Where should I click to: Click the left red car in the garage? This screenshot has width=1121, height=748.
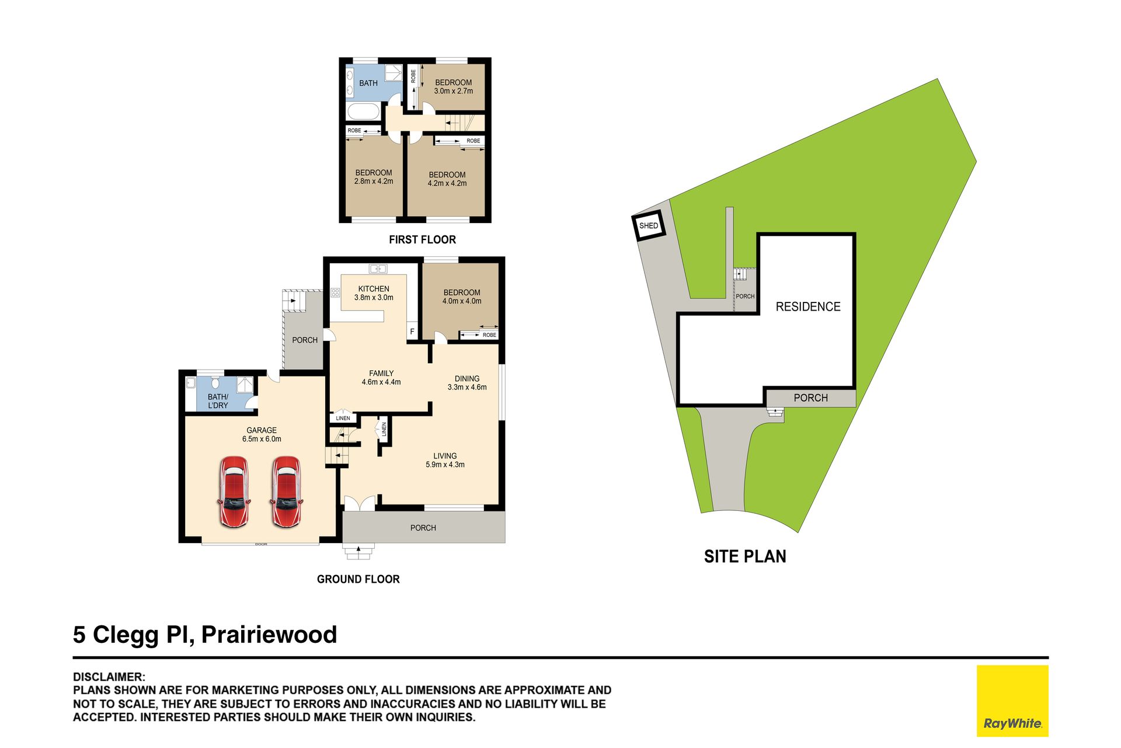point(234,492)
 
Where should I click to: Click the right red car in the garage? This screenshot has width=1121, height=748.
point(286,492)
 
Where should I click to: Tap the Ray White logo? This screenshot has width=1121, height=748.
point(1012,701)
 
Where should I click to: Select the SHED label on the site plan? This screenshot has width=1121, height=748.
point(649,226)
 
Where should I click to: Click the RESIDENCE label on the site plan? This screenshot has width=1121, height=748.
point(808,307)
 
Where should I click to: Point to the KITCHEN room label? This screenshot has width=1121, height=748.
point(374,289)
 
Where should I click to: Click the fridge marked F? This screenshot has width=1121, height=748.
point(412,331)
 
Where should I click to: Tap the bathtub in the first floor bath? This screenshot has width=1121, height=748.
point(364,111)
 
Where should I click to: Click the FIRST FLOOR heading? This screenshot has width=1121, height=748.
point(422,239)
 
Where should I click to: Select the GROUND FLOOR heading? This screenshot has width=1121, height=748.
point(358,579)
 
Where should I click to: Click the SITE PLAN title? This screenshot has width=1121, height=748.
point(745,556)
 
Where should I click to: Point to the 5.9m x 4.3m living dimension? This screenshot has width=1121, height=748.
point(445,465)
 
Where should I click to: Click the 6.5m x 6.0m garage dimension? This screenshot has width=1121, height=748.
point(262,439)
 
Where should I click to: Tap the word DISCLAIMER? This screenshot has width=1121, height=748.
point(109,677)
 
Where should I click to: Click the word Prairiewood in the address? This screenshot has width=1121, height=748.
point(269,635)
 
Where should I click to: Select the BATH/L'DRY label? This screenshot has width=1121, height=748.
point(218,401)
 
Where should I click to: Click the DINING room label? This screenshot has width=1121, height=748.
point(467,379)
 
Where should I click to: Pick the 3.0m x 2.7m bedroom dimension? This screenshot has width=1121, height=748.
point(454,91)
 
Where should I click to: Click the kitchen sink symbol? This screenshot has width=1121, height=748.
point(378,269)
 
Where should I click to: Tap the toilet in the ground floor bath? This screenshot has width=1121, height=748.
point(215,383)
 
